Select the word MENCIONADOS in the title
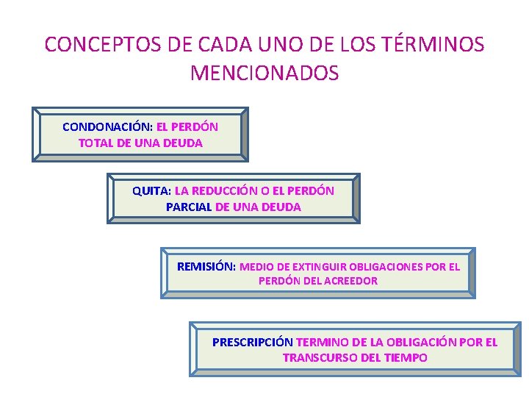[264, 73]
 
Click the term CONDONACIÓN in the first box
[107, 126]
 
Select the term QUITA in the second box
[151, 190]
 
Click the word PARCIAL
[189, 207]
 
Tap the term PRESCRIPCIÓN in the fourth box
[252, 342]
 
